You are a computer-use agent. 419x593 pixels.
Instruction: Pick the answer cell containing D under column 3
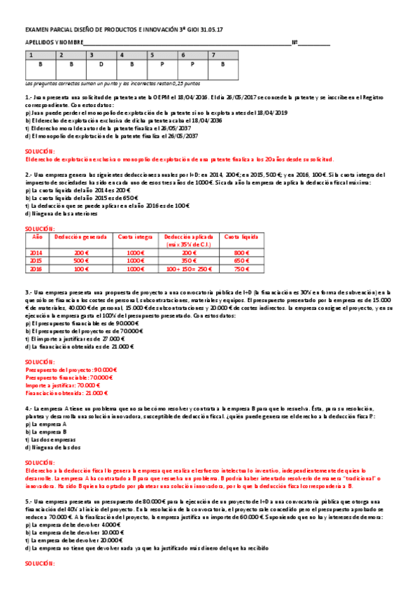click(x=101, y=64)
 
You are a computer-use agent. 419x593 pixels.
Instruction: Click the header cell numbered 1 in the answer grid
click(x=39, y=55)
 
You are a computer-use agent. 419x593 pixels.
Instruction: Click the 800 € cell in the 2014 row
click(x=241, y=253)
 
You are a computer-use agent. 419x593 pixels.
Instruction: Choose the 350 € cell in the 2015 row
click(x=189, y=261)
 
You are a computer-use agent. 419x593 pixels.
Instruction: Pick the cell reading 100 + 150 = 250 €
click(x=189, y=269)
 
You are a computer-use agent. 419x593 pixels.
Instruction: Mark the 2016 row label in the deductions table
click(x=37, y=269)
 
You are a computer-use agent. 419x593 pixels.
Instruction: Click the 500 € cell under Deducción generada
click(x=82, y=261)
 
